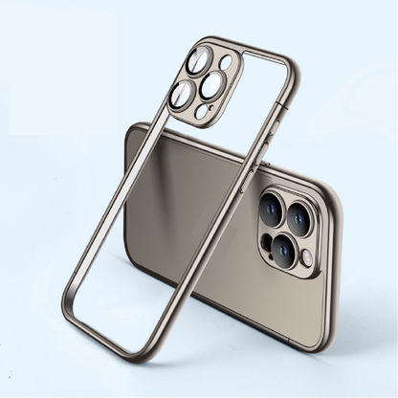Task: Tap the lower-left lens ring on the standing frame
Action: click(183, 93)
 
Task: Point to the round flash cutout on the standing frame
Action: click(225, 64)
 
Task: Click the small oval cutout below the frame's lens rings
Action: click(200, 113)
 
